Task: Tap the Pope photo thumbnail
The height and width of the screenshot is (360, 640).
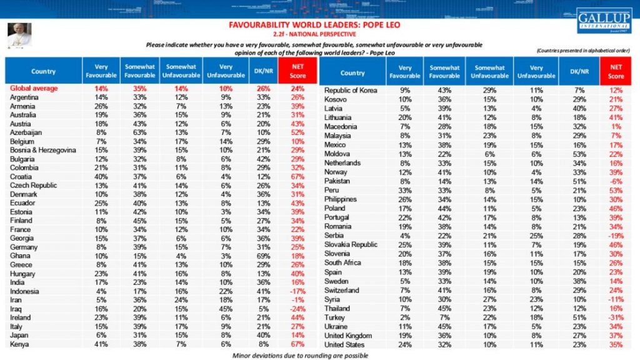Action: tap(19, 37)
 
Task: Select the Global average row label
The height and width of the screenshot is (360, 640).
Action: tap(35, 89)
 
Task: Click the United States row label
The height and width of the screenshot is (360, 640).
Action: tap(345, 344)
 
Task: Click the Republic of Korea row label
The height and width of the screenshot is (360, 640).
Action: tap(351, 91)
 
